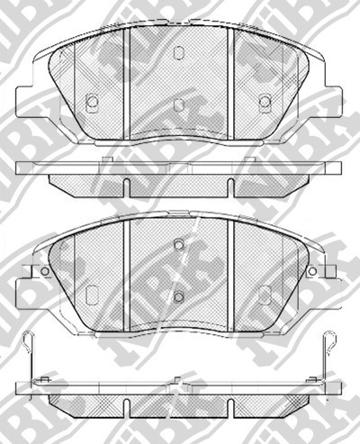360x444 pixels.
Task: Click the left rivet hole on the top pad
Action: tap(91, 103)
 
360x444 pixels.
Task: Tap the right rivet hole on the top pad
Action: tap(265, 103)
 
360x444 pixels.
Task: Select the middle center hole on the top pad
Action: tap(178, 105)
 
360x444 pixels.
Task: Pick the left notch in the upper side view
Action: tap(128, 186)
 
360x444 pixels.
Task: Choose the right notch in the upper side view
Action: tap(230, 186)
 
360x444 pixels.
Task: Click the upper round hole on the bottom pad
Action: tap(178, 244)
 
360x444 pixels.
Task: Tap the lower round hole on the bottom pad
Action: tap(178, 297)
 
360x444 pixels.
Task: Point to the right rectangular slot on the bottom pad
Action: tap(265, 294)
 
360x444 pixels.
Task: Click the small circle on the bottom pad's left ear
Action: tap(43, 271)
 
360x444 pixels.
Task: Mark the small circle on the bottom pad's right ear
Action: tap(313, 271)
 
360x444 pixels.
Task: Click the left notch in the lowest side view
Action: tap(128, 400)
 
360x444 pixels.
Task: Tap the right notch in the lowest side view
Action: tap(230, 400)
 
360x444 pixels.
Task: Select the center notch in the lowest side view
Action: tap(179, 400)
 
